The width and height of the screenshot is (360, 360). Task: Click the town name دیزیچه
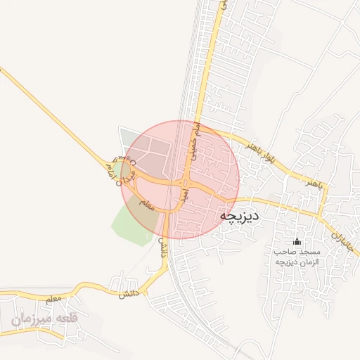pyautogui.click(x=240, y=216)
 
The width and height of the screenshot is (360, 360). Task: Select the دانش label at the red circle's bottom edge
pyautogui.click(x=162, y=246)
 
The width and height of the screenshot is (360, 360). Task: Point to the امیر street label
pyautogui.click(x=184, y=192)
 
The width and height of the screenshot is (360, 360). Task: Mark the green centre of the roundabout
pyautogui.click(x=127, y=169)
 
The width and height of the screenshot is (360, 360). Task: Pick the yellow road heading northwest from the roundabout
pyautogui.click(x=56, y=112)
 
